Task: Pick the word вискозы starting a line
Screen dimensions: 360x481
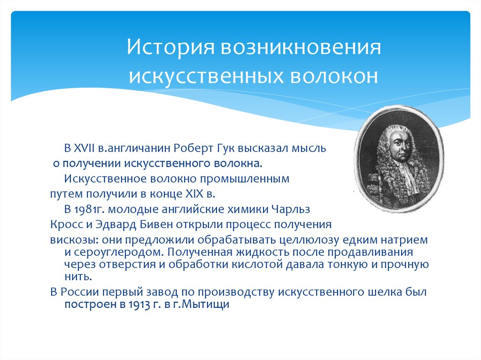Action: [x=69, y=240]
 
